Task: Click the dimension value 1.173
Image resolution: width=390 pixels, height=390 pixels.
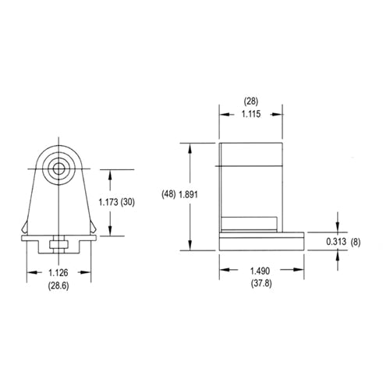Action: click(114, 202)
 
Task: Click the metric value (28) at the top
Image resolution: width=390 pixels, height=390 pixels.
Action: click(250, 101)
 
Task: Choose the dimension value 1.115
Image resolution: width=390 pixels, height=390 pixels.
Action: click(250, 114)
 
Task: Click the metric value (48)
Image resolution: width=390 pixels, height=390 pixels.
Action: click(168, 194)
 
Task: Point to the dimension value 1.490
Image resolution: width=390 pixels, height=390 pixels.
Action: click(261, 270)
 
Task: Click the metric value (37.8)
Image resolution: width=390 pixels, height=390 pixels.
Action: click(261, 284)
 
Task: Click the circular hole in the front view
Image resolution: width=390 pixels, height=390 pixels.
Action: click(58, 168)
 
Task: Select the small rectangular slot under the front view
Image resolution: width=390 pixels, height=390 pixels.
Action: click(58, 246)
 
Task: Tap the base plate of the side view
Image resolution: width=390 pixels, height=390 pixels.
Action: click(261, 242)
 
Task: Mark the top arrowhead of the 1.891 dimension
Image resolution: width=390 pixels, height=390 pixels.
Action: click(189, 145)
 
